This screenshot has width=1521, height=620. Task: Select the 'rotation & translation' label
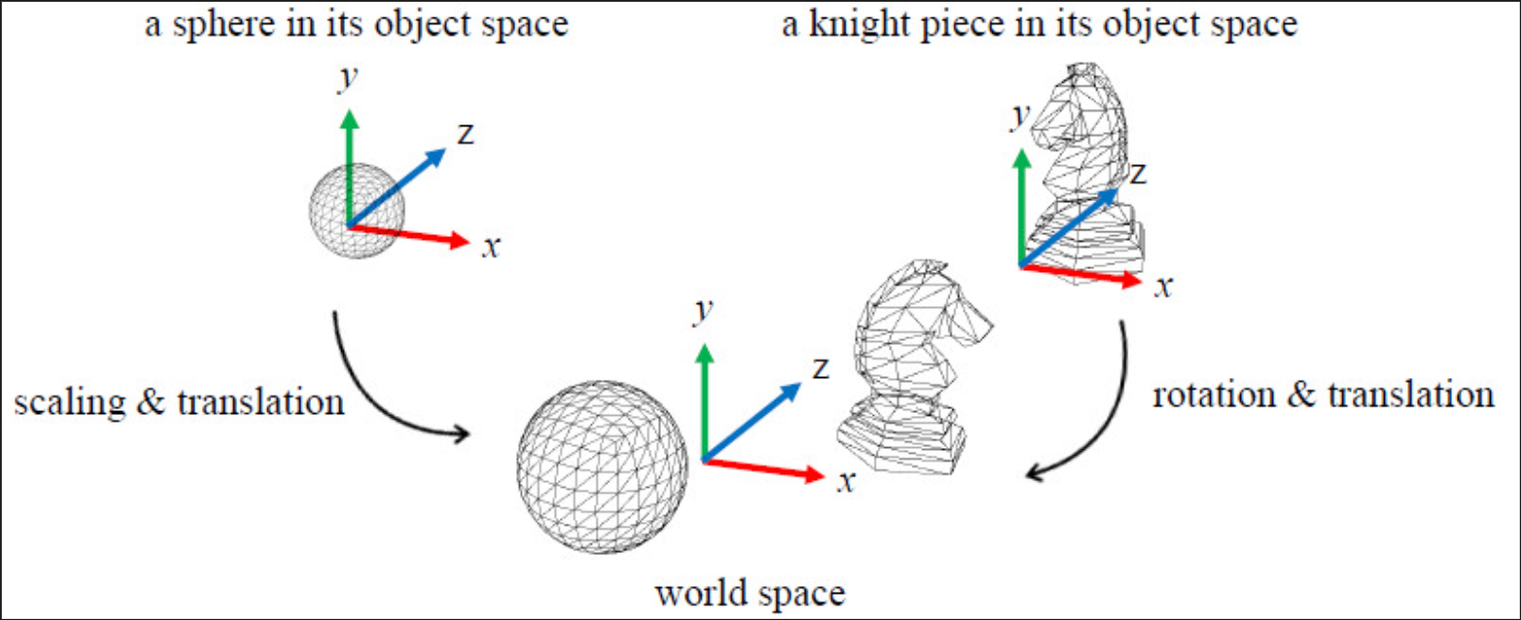pos(1323,396)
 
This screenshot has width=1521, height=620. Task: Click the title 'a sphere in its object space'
pos(356,24)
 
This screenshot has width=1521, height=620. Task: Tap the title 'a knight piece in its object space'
pos(1040,24)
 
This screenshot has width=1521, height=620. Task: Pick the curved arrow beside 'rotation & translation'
pos(1098,408)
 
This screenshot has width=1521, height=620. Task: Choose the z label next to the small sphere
pos(466,134)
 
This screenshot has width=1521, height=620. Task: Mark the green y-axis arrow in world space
pos(702,398)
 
